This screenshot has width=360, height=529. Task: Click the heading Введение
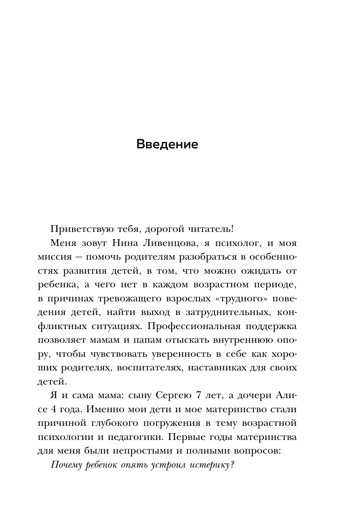coord(167,145)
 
